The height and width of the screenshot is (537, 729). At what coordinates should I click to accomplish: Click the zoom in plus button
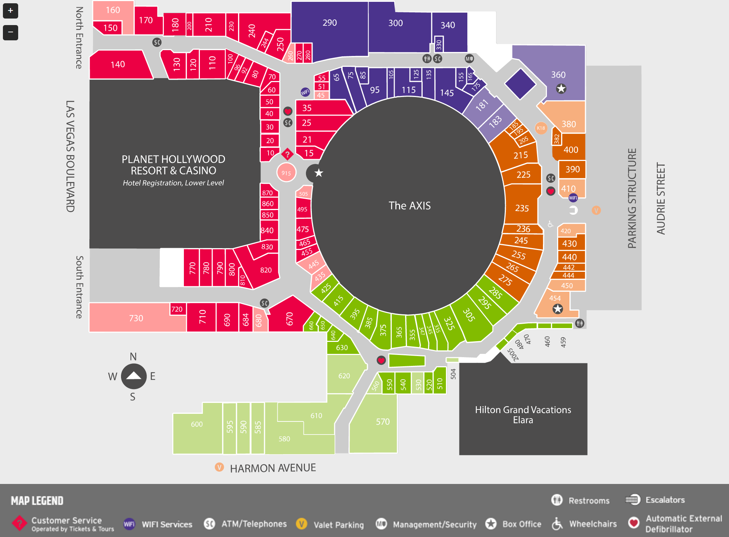pos(11,11)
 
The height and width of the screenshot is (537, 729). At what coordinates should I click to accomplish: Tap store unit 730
pos(136,318)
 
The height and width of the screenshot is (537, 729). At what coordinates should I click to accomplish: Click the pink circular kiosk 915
pos(286,173)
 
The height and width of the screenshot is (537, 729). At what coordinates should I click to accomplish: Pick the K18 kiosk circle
pos(541,128)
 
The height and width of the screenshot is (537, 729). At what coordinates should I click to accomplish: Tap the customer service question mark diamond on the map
pos(287,154)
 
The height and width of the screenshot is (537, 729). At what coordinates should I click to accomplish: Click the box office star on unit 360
pos(561,89)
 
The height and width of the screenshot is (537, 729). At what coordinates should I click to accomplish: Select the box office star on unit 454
pos(557,309)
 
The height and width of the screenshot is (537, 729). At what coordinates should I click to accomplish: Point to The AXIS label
pos(410,206)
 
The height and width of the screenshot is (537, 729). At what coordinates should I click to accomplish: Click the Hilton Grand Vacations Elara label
pos(523,415)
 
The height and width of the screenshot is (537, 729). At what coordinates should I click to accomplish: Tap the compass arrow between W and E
pos(133,376)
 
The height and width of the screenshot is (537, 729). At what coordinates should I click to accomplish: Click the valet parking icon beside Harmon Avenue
pos(219,467)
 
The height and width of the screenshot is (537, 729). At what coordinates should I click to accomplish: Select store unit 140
pos(118,65)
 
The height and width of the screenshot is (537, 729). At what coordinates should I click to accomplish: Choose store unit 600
pos(197,424)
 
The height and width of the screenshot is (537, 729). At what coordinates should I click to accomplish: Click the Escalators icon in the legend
pos(632,500)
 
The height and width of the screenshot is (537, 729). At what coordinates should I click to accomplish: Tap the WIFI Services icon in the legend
pos(129,524)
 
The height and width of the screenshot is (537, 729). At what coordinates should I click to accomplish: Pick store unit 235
pos(522,208)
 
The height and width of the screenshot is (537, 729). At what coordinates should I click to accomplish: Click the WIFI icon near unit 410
pos(573,198)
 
